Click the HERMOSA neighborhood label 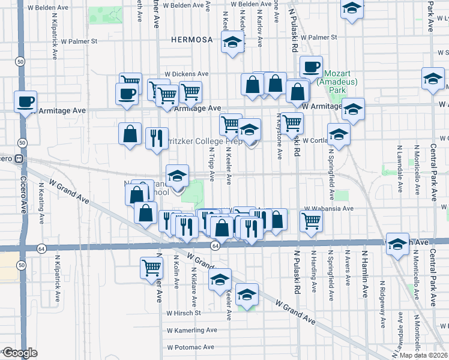click(x=191, y=40)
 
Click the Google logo click(x=20, y=353)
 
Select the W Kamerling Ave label click(x=191, y=330)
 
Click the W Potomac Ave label click(x=191, y=347)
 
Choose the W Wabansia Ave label click(x=330, y=209)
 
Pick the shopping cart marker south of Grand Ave click(x=151, y=267)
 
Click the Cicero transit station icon click(x=19, y=159)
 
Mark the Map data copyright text click(x=423, y=355)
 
